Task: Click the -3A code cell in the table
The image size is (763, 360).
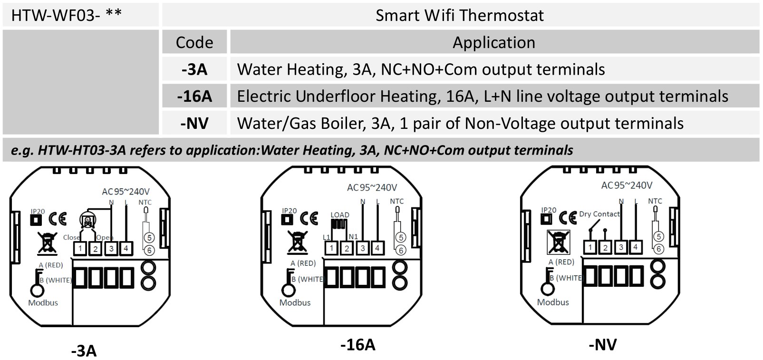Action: pos(194,69)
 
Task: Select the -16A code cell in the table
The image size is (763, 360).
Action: pos(194,97)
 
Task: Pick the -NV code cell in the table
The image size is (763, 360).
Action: pos(194,124)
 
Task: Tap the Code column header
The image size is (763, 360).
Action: pos(194,42)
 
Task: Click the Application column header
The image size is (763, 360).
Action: pos(493,42)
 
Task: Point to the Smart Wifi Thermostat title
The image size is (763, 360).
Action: pos(459,15)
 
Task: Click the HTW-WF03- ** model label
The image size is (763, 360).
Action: pos(66,15)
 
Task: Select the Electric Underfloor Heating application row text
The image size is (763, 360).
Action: pos(482,97)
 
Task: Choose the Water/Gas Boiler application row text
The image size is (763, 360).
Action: pos(460,124)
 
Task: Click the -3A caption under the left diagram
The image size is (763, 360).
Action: pos(84,350)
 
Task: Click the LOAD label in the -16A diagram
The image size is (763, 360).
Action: pos(339,215)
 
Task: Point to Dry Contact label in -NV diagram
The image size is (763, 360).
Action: pos(599,214)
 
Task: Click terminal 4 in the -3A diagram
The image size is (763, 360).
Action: pos(126,248)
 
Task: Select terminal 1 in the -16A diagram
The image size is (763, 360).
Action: pos(331,248)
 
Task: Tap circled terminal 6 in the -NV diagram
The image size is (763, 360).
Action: pos(658,249)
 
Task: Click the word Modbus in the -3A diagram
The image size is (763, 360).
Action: pos(43,302)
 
